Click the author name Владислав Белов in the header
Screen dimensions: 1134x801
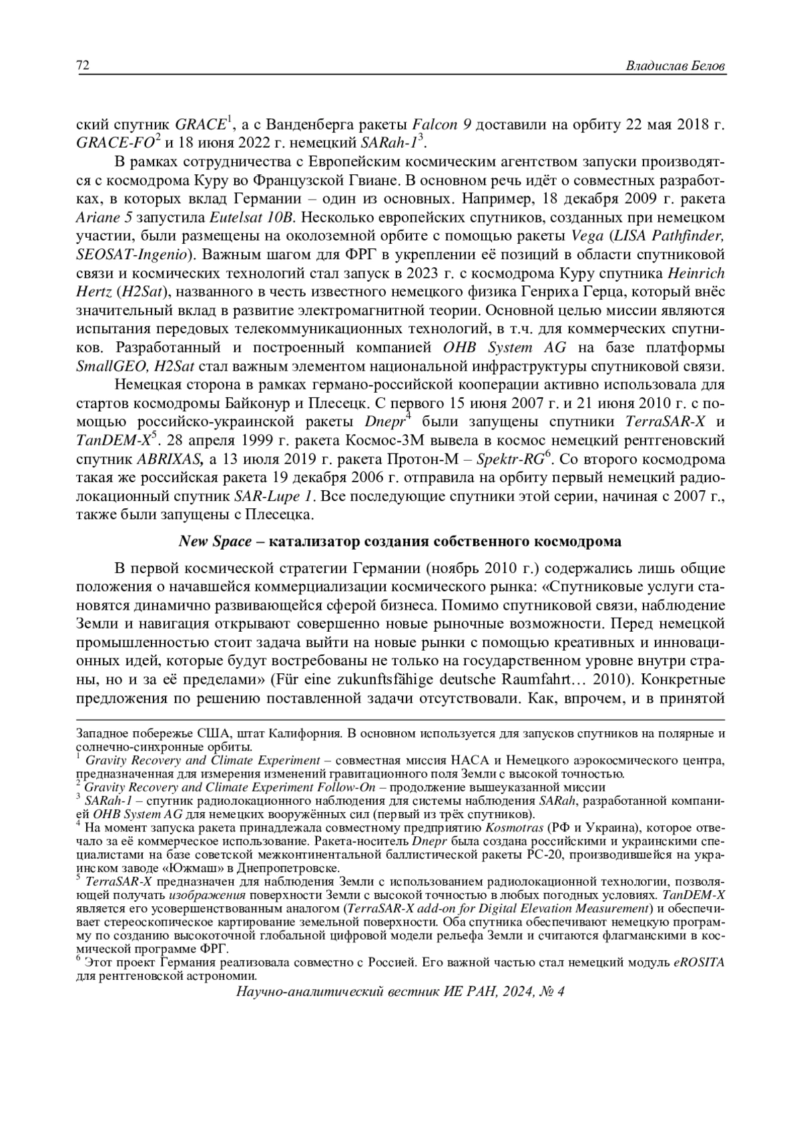[676, 66]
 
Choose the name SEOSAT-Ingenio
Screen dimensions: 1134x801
[133, 254]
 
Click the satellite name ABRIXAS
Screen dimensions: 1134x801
[170, 459]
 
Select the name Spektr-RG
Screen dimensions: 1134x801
[515, 459]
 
